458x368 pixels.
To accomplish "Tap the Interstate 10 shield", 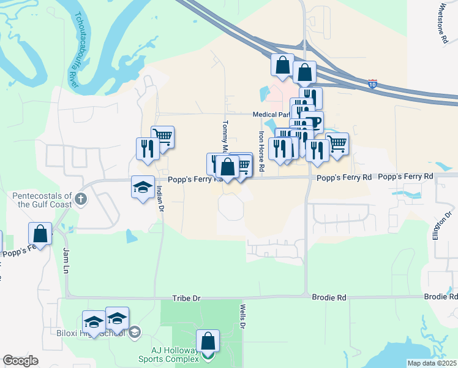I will pyautogui.click(x=373, y=83).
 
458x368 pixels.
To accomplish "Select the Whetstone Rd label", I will pyautogui.click(x=443, y=23).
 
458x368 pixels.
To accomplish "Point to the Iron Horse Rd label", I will pyautogui.click(x=261, y=150).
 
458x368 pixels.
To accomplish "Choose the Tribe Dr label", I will pyautogui.click(x=187, y=297).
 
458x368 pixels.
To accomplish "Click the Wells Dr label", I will pyautogui.click(x=242, y=316).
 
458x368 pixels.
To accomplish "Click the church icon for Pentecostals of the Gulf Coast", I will pyautogui.click(x=81, y=199).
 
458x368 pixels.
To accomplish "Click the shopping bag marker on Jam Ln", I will pyautogui.click(x=40, y=233).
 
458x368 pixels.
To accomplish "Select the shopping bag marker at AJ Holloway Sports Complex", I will pyautogui.click(x=208, y=340).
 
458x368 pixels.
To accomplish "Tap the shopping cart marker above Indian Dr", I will pyautogui.click(x=162, y=136).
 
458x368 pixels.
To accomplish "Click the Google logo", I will pyautogui.click(x=21, y=361).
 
